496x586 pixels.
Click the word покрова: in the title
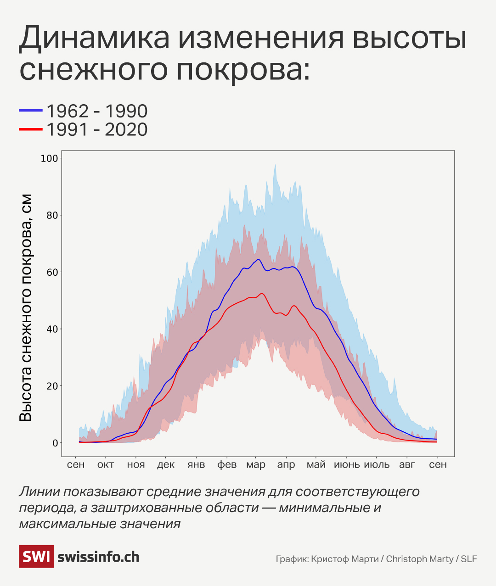243,70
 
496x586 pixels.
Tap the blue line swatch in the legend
30,111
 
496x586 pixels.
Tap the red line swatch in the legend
30,130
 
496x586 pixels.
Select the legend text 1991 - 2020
97,130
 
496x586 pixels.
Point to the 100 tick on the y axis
50,158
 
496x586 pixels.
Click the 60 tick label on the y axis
52,272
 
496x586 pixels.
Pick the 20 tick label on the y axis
52,386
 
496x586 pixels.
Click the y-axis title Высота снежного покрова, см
26,307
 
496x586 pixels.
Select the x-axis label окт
106,464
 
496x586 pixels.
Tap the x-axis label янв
196,464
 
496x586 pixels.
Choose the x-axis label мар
256,464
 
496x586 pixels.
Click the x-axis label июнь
347,464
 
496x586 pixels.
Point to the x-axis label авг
407,464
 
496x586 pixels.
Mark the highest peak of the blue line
259,259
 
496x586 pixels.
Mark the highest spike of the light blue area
275,165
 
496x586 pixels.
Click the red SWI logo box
36,557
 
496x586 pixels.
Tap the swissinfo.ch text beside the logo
98,557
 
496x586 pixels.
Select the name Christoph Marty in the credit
419,559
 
